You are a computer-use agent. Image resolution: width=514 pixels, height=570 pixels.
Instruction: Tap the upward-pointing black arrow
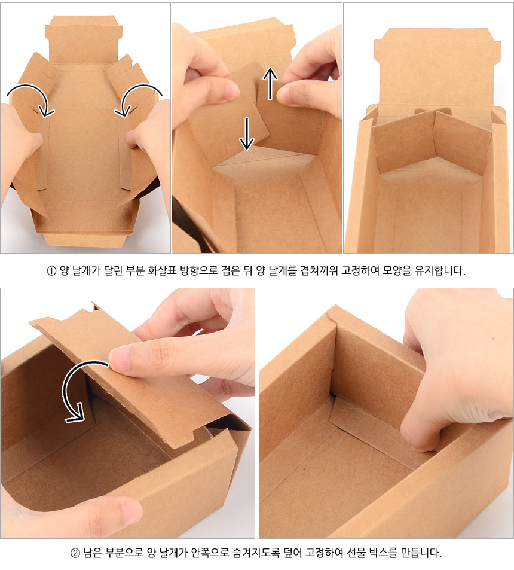click(x=270, y=84)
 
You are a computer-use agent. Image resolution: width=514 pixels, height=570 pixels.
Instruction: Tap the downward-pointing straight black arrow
click(x=247, y=134)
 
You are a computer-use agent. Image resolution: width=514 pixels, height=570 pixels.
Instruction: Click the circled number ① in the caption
click(x=51, y=271)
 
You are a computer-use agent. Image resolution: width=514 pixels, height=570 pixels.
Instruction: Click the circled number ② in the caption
click(x=75, y=554)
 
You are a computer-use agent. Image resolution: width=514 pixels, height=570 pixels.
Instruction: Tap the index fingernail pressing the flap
click(x=120, y=358)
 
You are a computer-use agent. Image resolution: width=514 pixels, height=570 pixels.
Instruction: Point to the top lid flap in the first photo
click(x=84, y=40)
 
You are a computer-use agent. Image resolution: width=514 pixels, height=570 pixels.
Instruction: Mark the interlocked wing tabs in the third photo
click(x=432, y=142)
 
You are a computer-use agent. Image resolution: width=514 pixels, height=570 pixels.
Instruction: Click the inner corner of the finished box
click(x=332, y=394)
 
